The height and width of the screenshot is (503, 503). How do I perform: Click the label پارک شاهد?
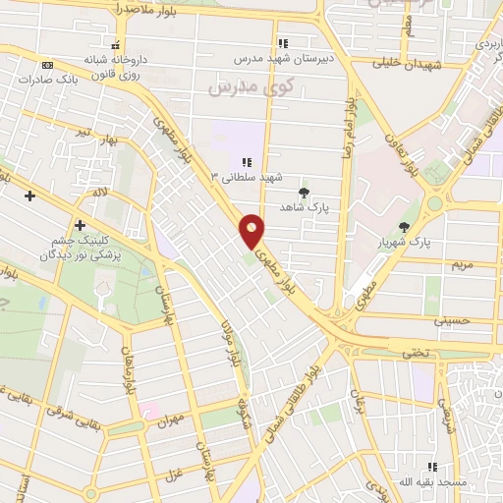pyautogui.click(x=303, y=207)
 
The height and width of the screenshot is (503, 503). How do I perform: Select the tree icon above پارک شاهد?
pyautogui.click(x=303, y=193)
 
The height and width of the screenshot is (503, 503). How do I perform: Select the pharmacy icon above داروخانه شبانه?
pyautogui.click(x=117, y=45)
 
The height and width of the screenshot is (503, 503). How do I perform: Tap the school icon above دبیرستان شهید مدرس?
pyautogui.click(x=283, y=43)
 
